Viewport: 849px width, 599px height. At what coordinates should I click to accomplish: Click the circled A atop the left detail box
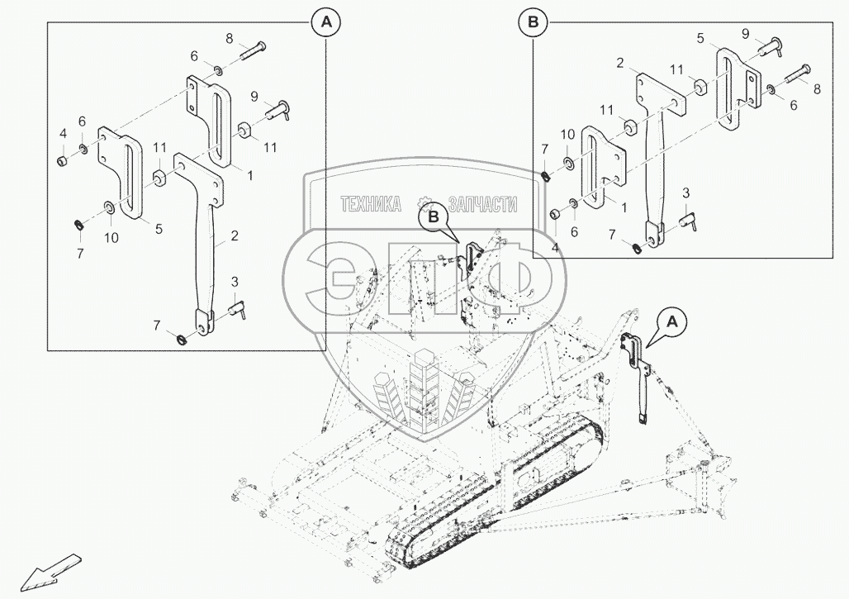tap(325, 24)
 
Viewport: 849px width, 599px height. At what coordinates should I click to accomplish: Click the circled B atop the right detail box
tap(533, 24)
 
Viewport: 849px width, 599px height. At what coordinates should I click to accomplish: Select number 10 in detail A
tap(111, 237)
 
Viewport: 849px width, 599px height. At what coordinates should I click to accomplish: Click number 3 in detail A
tap(235, 283)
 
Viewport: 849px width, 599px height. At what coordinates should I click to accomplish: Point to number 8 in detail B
tap(816, 88)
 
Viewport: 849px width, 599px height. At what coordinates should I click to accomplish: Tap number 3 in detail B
tap(685, 193)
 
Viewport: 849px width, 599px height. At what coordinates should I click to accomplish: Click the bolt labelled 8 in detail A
tap(251, 50)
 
